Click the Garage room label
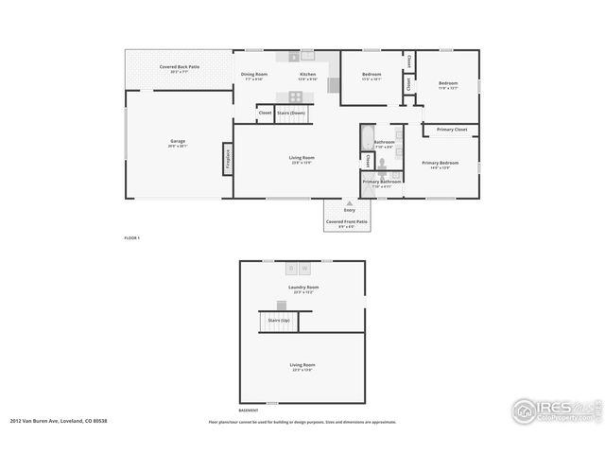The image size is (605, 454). (x=178, y=141)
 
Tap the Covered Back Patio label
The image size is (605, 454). (x=179, y=67)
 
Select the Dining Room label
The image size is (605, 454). (x=254, y=74)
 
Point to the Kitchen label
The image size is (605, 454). (x=308, y=74)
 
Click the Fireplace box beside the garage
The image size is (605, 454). (x=228, y=158)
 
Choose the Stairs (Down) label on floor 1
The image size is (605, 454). (x=291, y=113)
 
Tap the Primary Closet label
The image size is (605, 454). (x=451, y=130)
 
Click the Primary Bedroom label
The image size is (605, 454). (x=441, y=163)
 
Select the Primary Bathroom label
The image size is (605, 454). (x=383, y=181)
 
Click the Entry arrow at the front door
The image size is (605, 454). (x=349, y=202)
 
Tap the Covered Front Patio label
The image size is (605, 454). (x=347, y=221)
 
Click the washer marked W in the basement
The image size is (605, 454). (x=305, y=269)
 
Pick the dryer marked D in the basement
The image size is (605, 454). (x=291, y=269)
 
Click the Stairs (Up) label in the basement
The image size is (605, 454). (x=279, y=321)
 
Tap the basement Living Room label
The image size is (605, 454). (x=302, y=364)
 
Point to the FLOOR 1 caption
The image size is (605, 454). (x=131, y=237)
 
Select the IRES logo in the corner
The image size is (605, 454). (x=553, y=410)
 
